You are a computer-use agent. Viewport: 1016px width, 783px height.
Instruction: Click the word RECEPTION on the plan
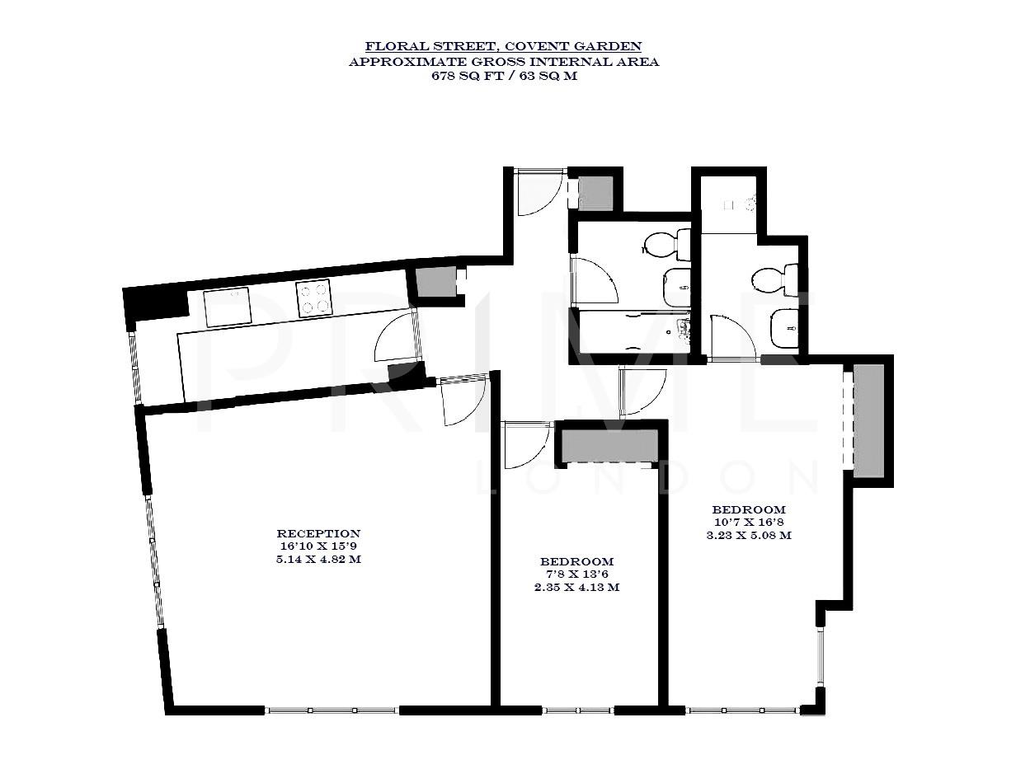click(318, 533)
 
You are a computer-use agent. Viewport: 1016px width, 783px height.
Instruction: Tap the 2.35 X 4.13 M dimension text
click(576, 588)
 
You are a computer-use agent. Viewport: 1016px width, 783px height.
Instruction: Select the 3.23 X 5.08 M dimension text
click(749, 534)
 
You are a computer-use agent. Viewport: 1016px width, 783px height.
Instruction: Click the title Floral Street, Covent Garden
click(503, 47)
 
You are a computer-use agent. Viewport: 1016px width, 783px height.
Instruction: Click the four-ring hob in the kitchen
click(313, 298)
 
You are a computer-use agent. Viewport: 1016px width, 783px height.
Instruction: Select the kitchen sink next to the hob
click(228, 307)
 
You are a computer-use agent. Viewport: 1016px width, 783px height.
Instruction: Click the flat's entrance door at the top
click(539, 192)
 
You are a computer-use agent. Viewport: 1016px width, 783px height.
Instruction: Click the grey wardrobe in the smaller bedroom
click(609, 445)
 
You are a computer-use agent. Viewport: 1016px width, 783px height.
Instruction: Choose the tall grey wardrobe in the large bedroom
click(868, 420)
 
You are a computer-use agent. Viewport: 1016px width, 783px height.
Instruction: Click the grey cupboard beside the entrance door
click(595, 193)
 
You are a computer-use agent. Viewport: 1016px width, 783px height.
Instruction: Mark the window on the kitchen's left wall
click(135, 366)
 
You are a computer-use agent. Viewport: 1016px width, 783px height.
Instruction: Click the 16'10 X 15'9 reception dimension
click(318, 546)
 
